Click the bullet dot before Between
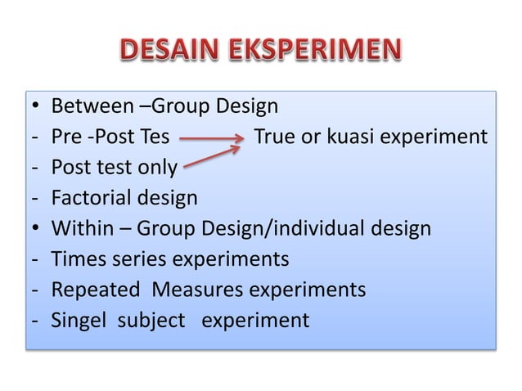[32, 107]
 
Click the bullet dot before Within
[32, 228]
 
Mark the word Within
[82, 228]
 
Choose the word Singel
[79, 319]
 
